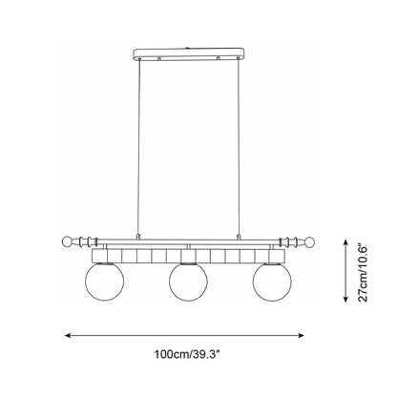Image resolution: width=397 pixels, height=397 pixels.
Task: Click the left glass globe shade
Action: pyautogui.click(x=105, y=282)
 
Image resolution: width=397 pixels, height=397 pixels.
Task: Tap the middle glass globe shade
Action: pyautogui.click(x=189, y=282)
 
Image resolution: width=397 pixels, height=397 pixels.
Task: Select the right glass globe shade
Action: pyautogui.click(x=272, y=282)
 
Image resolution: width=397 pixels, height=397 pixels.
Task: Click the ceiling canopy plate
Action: pyautogui.click(x=190, y=54)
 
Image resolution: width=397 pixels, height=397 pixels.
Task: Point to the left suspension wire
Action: pyautogui.click(x=138, y=147)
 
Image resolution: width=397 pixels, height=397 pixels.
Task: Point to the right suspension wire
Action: pyautogui.click(x=239, y=147)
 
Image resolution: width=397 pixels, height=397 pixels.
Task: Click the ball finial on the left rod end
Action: pyautogui.click(x=67, y=241)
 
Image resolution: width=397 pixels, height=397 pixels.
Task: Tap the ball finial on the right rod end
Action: pyautogui.click(x=310, y=242)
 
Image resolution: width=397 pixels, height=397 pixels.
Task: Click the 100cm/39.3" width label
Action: pyautogui.click(x=188, y=354)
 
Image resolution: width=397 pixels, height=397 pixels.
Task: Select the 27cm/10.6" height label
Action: pyautogui.click(x=363, y=273)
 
